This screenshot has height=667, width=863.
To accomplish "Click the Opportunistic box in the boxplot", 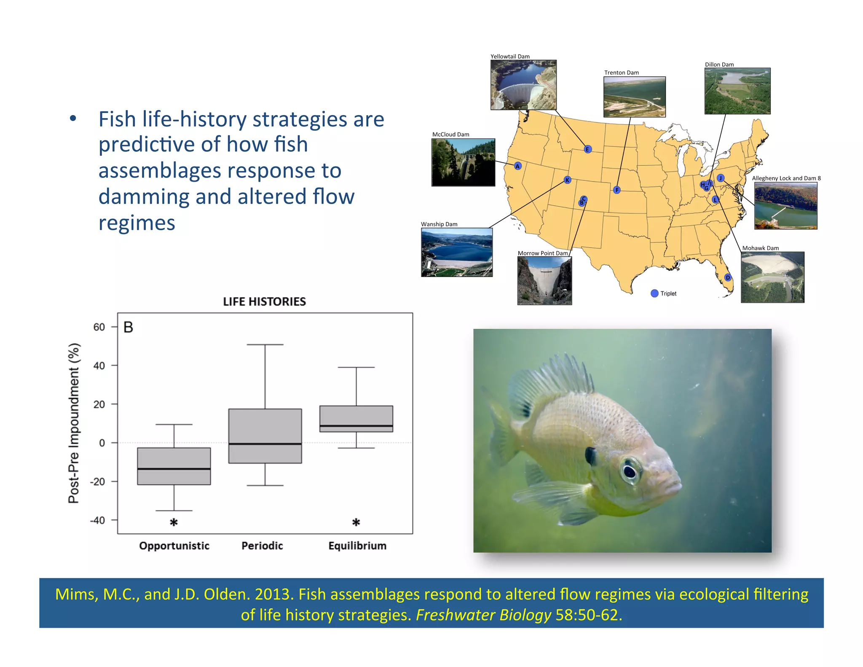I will [x=174, y=466].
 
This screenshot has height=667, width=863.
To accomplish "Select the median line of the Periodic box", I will [x=265, y=444].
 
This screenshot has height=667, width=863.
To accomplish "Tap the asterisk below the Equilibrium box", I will [x=356, y=522].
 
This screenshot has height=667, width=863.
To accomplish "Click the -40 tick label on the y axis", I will [x=98, y=520].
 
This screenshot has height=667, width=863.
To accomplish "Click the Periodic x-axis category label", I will [x=262, y=546].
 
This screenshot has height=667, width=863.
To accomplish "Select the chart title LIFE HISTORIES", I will [x=264, y=301].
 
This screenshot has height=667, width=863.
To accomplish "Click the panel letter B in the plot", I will [x=128, y=327].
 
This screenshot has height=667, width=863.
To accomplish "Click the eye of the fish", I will [x=630, y=471].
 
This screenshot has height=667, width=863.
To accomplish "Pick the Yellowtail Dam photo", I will [x=523, y=85].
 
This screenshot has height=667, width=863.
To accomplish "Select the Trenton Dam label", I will [x=621, y=73].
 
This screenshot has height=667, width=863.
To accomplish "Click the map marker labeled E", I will [x=588, y=149].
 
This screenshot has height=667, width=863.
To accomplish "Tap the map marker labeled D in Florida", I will [x=728, y=277].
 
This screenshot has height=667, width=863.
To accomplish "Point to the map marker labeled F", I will [x=617, y=190].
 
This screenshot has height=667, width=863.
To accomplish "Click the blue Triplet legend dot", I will [x=654, y=293].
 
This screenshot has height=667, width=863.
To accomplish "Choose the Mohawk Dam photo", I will [x=772, y=277].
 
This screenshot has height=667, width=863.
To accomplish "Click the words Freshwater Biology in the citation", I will [x=483, y=615].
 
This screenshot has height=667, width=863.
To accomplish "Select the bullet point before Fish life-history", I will [x=73, y=119].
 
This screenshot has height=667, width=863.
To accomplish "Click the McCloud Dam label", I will [x=450, y=134].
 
